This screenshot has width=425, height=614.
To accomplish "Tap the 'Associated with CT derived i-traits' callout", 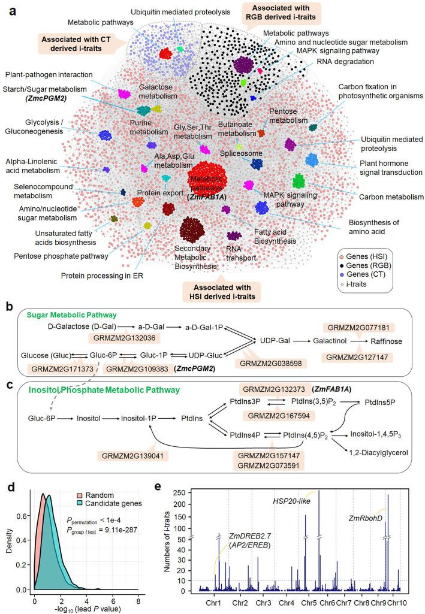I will pyautogui.click(x=77, y=42).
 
